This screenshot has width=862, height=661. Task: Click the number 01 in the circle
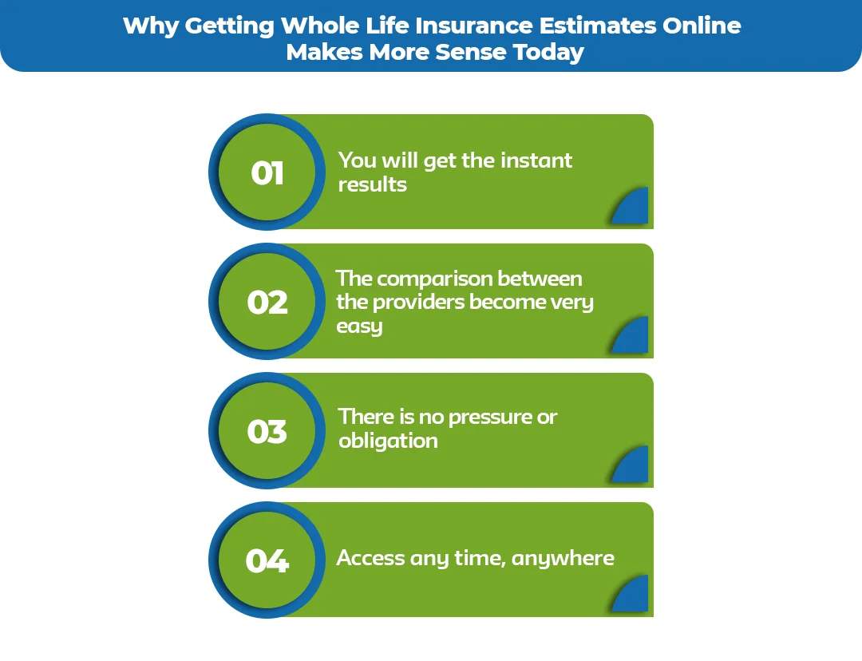pyautogui.click(x=267, y=173)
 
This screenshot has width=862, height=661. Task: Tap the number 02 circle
pyautogui.click(x=267, y=303)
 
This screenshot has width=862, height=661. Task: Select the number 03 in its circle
pyautogui.click(x=267, y=432)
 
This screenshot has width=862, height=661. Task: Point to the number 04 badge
pyautogui.click(x=267, y=561)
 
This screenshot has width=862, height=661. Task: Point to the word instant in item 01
pyautogui.click(x=536, y=160)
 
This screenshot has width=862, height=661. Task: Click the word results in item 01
pyautogui.click(x=372, y=184)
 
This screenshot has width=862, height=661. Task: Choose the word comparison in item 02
pyautogui.click(x=434, y=279)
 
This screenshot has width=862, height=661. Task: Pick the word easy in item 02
pyautogui.click(x=359, y=327)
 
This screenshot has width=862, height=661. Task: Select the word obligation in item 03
pyautogui.click(x=388, y=441)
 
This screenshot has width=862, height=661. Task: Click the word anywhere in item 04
pyautogui.click(x=563, y=558)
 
